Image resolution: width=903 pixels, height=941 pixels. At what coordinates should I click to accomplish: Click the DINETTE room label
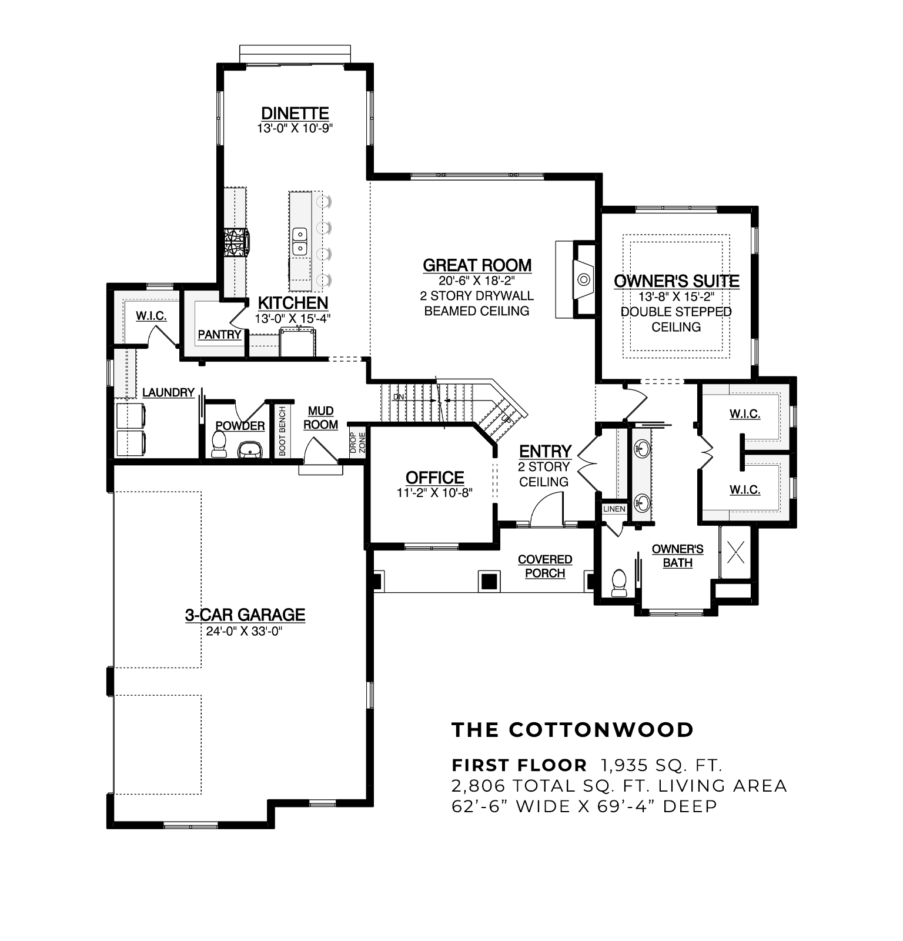tap(295, 113)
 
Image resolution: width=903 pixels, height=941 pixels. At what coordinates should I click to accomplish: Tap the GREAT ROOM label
tap(477, 265)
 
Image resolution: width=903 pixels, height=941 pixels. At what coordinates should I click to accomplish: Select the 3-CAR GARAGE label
tap(245, 615)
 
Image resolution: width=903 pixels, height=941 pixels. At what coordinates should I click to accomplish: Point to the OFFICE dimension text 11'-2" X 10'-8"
tap(434, 493)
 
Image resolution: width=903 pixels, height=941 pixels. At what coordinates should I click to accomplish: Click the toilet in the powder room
tap(219, 444)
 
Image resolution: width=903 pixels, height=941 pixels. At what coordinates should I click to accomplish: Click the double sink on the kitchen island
tap(300, 242)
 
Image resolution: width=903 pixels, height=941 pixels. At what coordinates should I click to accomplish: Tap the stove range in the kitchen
tap(236, 242)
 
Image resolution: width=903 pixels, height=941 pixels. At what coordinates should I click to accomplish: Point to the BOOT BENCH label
tap(282, 431)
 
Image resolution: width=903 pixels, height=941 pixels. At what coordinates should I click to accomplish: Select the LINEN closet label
tap(614, 509)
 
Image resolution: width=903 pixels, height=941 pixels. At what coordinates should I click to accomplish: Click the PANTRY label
tap(219, 334)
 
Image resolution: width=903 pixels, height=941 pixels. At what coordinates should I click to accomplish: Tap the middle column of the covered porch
tap(489, 581)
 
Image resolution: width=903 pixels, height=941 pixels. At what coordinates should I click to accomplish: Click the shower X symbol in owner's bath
tap(736, 552)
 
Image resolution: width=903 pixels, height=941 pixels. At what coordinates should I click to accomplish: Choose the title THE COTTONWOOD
tap(573, 730)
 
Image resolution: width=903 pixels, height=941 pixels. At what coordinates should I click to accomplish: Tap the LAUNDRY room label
tap(168, 392)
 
